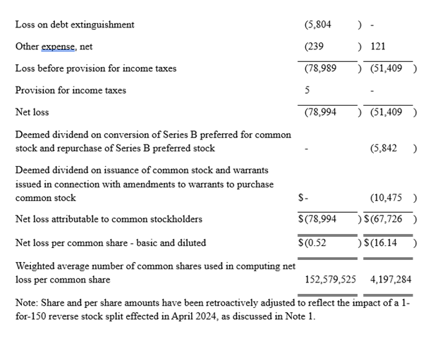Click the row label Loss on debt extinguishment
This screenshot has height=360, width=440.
pyautogui.click(x=75, y=25)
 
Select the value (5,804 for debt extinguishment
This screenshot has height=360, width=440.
pyautogui.click(x=318, y=25)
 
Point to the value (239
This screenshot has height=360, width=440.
pyautogui.click(x=314, y=46)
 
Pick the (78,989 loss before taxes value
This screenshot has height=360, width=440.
pyautogui.click(x=320, y=68)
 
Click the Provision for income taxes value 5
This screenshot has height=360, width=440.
pyautogui.click(x=307, y=90)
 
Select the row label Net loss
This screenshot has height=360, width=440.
pyautogui.click(x=32, y=112)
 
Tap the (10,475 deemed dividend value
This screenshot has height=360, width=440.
pyautogui.click(x=388, y=198)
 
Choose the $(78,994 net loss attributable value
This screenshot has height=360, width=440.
pyautogui.click(x=318, y=219)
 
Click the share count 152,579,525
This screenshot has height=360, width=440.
pyautogui.click(x=330, y=280)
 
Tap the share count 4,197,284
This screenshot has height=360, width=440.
pyautogui.click(x=391, y=280)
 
